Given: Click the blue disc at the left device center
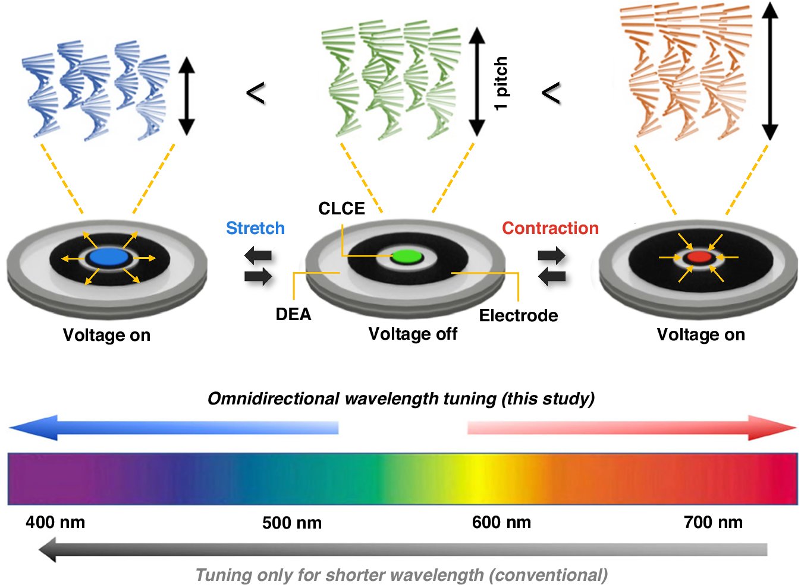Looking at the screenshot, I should click(108, 257).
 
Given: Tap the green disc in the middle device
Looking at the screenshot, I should click(407, 257).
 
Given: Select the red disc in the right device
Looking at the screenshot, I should click(699, 257).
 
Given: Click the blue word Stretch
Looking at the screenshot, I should click(255, 228).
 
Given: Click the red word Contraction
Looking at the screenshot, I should click(550, 228).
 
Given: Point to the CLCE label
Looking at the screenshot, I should click(341, 208).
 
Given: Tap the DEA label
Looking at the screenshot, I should click(293, 314).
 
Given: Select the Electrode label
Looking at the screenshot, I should click(519, 315).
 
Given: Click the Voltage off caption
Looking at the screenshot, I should click(413, 334).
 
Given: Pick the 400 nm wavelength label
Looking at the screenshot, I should click(55, 523).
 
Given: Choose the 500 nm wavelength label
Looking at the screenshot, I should click(292, 523).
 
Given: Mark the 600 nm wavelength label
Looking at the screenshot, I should click(501, 523).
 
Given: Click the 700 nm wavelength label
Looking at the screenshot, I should click(713, 523).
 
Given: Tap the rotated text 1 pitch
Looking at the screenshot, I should click(501, 83).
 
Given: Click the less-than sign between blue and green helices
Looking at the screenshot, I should click(255, 93).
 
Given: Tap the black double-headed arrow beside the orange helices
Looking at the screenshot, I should click(770, 71).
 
